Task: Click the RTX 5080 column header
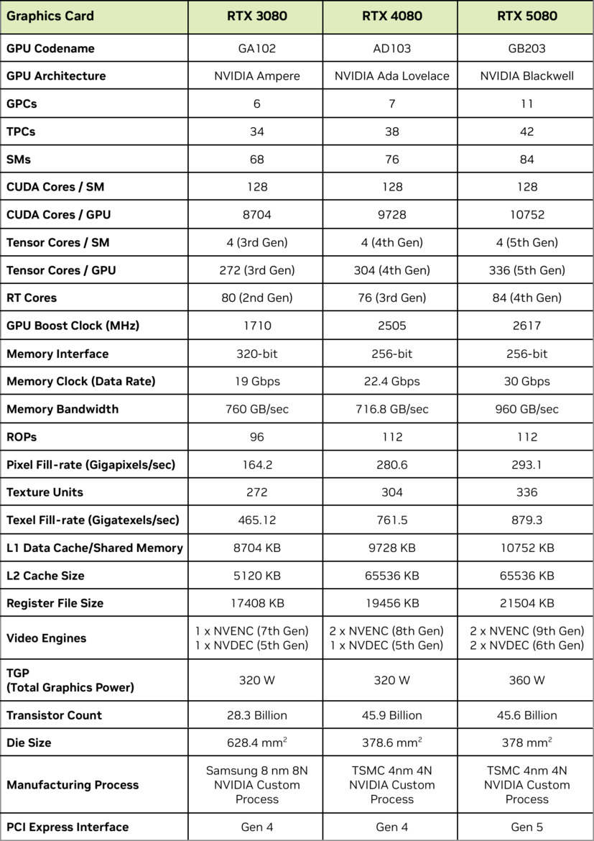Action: click(526, 16)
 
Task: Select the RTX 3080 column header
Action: click(256, 16)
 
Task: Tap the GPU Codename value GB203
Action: click(526, 49)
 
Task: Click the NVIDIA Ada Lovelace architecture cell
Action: click(391, 76)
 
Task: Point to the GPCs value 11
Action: click(526, 104)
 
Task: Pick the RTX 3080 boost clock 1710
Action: click(256, 326)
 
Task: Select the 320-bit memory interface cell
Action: click(256, 354)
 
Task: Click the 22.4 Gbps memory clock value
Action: click(391, 382)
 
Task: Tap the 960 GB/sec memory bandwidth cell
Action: click(526, 409)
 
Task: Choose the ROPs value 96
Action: click(256, 437)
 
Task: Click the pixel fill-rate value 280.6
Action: click(391, 465)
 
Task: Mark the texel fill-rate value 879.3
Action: click(526, 520)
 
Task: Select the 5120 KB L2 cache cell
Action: click(256, 576)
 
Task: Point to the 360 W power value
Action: click(526, 680)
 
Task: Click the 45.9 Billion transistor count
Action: click(391, 715)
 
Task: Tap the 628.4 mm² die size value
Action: click(256, 743)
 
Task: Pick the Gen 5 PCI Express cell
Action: click(526, 827)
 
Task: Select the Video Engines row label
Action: click(46, 638)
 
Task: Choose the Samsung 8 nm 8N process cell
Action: click(256, 785)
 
